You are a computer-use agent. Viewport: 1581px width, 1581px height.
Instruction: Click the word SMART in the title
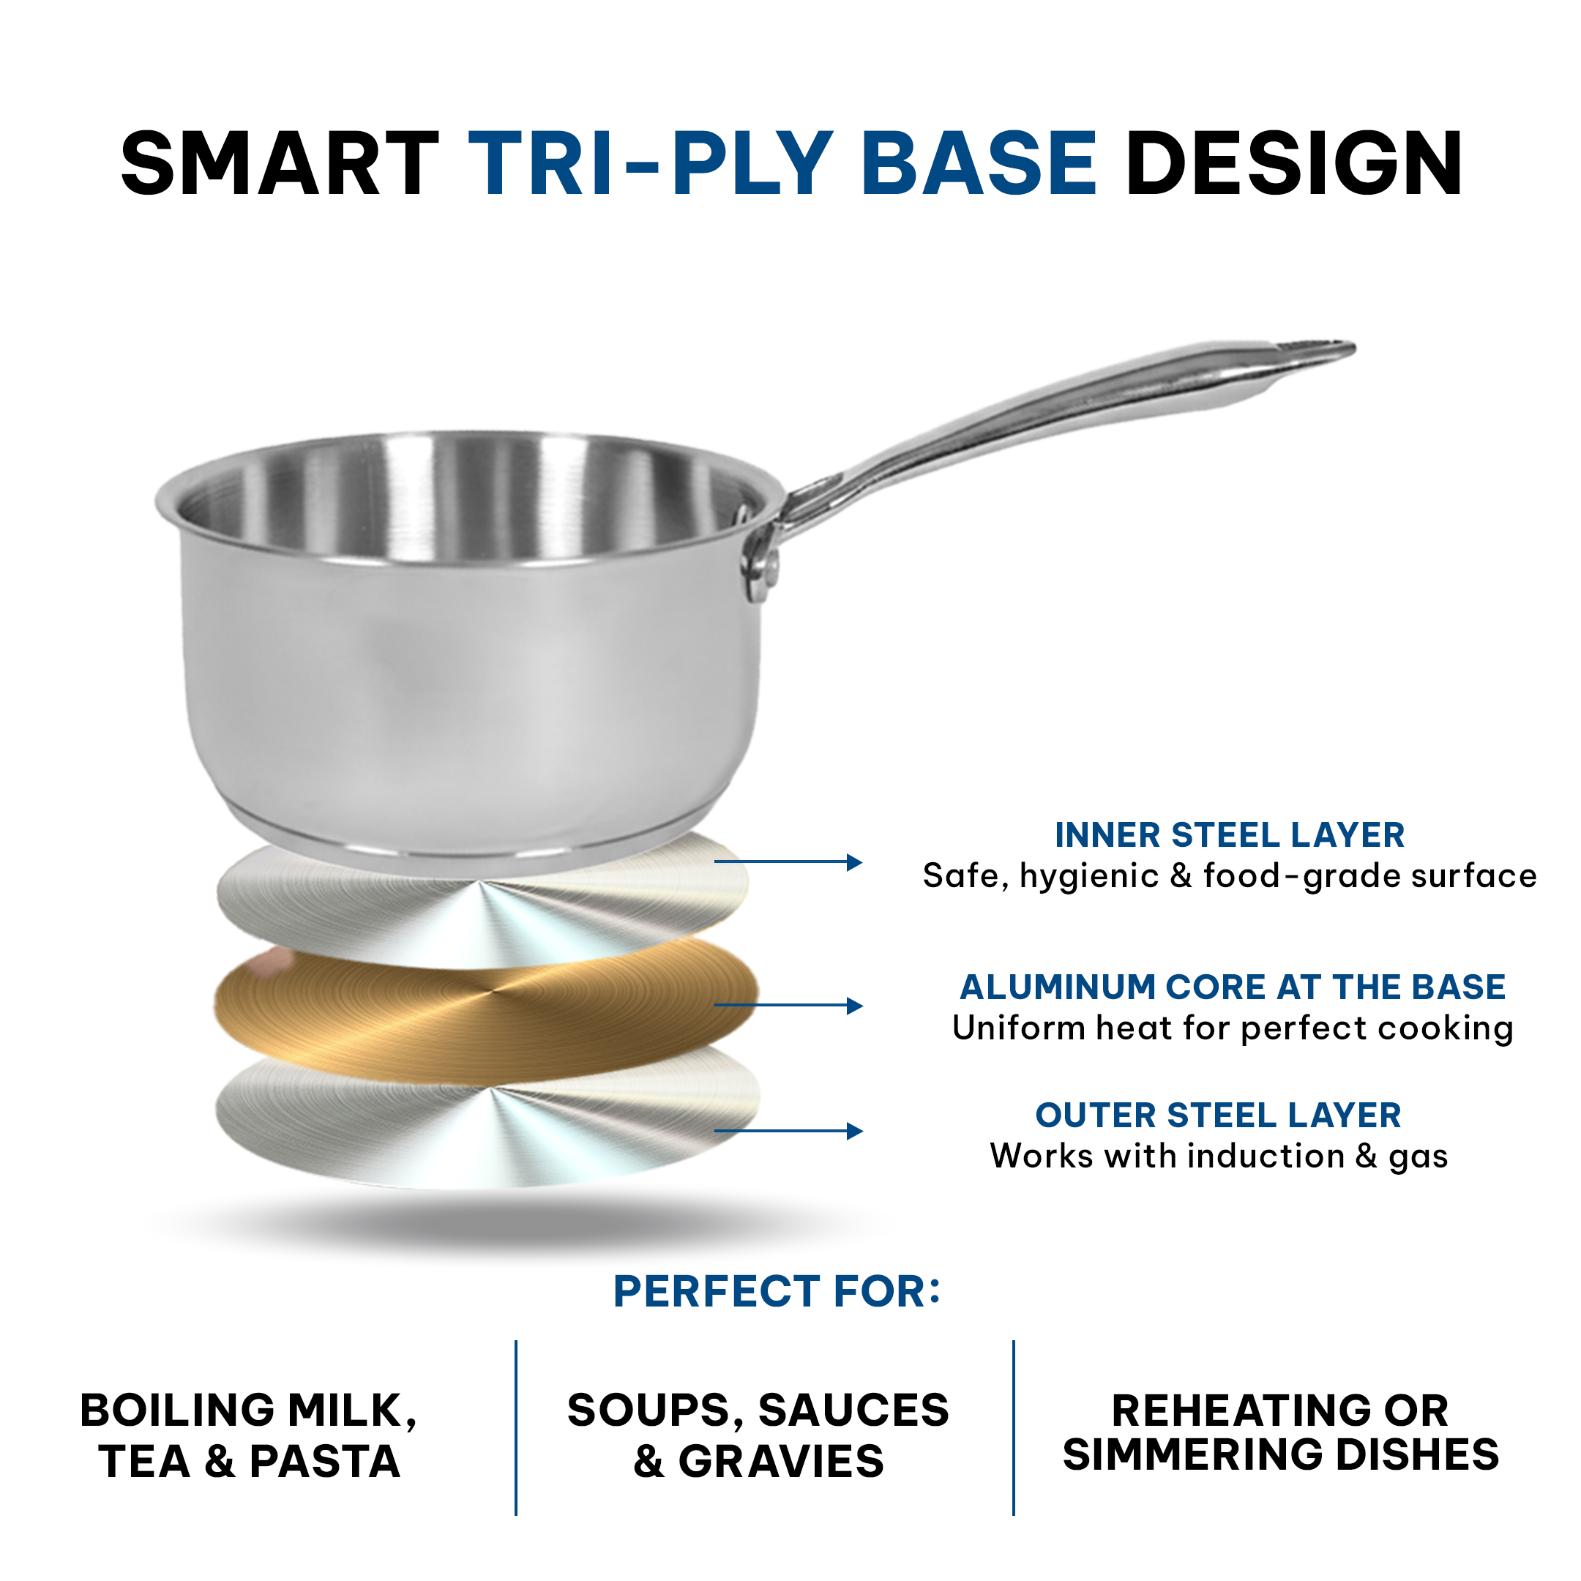[279, 165]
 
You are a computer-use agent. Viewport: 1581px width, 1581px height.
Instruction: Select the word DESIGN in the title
[1294, 165]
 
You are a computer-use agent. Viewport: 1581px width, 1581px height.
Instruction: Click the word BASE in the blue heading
[979, 165]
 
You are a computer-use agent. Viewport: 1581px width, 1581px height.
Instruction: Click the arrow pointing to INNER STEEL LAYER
[788, 861]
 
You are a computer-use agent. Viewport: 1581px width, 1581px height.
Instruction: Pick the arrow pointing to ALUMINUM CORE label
[788, 1005]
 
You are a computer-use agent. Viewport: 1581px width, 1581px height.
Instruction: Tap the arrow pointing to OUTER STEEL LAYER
[788, 1131]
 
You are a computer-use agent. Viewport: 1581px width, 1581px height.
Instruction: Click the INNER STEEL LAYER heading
[1229, 835]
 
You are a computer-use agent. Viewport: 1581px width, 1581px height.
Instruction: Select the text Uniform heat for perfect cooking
[1233, 1028]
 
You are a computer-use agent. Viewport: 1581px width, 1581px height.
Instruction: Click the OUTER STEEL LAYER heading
[1219, 1115]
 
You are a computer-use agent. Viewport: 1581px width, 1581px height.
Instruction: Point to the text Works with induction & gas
[1219, 1156]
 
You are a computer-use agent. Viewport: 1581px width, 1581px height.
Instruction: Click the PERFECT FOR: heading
[777, 1292]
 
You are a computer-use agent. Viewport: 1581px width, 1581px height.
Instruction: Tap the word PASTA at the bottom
[325, 1462]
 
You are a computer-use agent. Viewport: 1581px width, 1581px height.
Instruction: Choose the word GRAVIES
[782, 1462]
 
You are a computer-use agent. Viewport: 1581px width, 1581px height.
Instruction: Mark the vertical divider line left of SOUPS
[516, 1427]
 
